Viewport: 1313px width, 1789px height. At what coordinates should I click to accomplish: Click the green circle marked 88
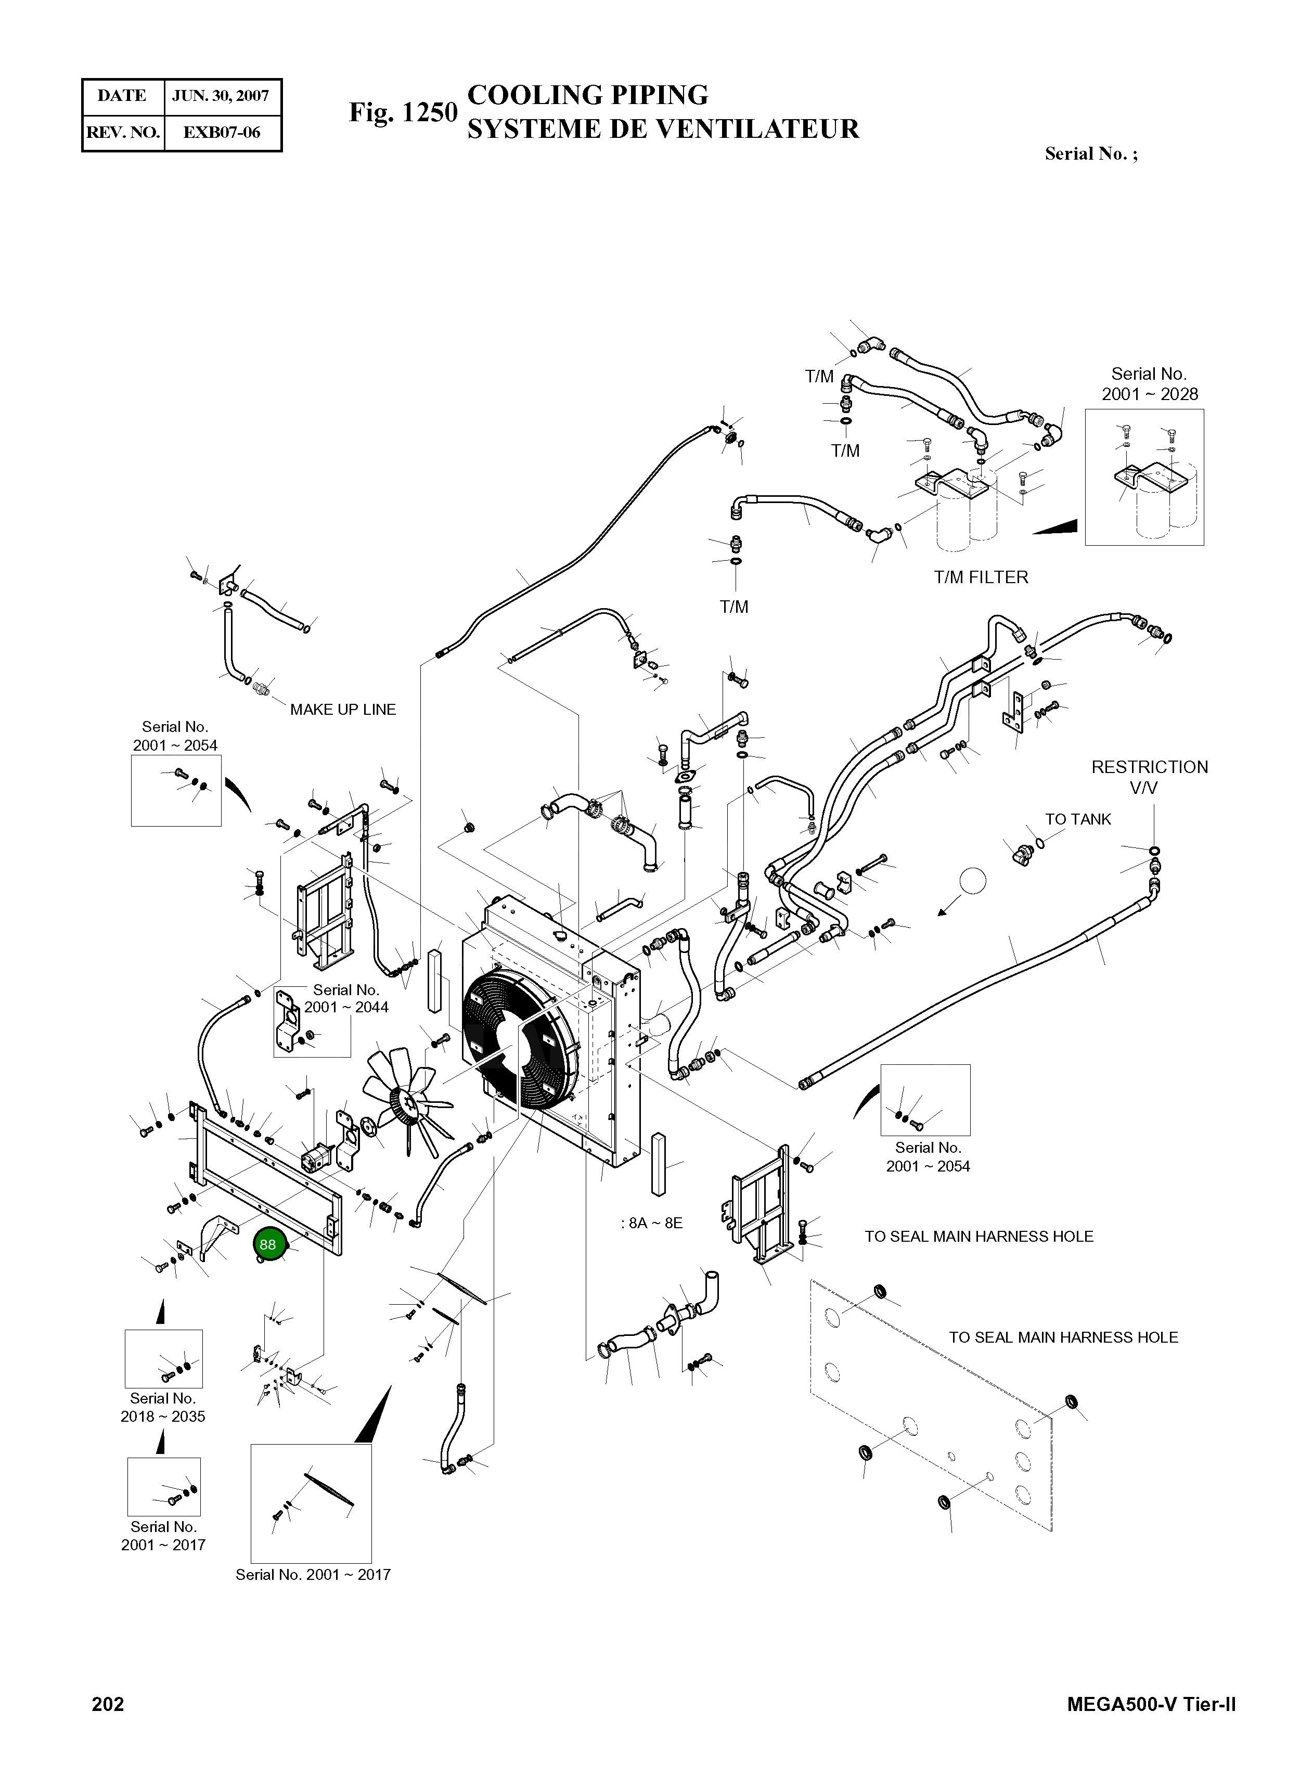coord(268,1244)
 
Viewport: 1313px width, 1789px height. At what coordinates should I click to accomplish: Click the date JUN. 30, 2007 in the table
coord(221,96)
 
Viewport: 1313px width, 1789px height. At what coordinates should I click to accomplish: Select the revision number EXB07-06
coord(222,133)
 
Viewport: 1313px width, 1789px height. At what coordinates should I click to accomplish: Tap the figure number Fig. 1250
coord(403,113)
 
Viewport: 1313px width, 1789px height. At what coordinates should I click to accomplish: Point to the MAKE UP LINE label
coord(343,710)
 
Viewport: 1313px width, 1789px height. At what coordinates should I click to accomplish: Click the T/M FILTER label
coord(981,578)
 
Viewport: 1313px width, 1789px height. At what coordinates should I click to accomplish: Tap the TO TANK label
coord(1078,819)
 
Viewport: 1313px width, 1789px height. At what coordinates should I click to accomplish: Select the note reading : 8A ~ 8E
coord(652,1223)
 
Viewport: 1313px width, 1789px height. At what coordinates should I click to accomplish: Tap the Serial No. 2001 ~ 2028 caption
coord(1149,384)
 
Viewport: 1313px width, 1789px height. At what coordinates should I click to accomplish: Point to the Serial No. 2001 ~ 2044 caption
coord(346,999)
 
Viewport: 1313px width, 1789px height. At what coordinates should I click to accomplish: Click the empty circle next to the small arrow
coord(973,881)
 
